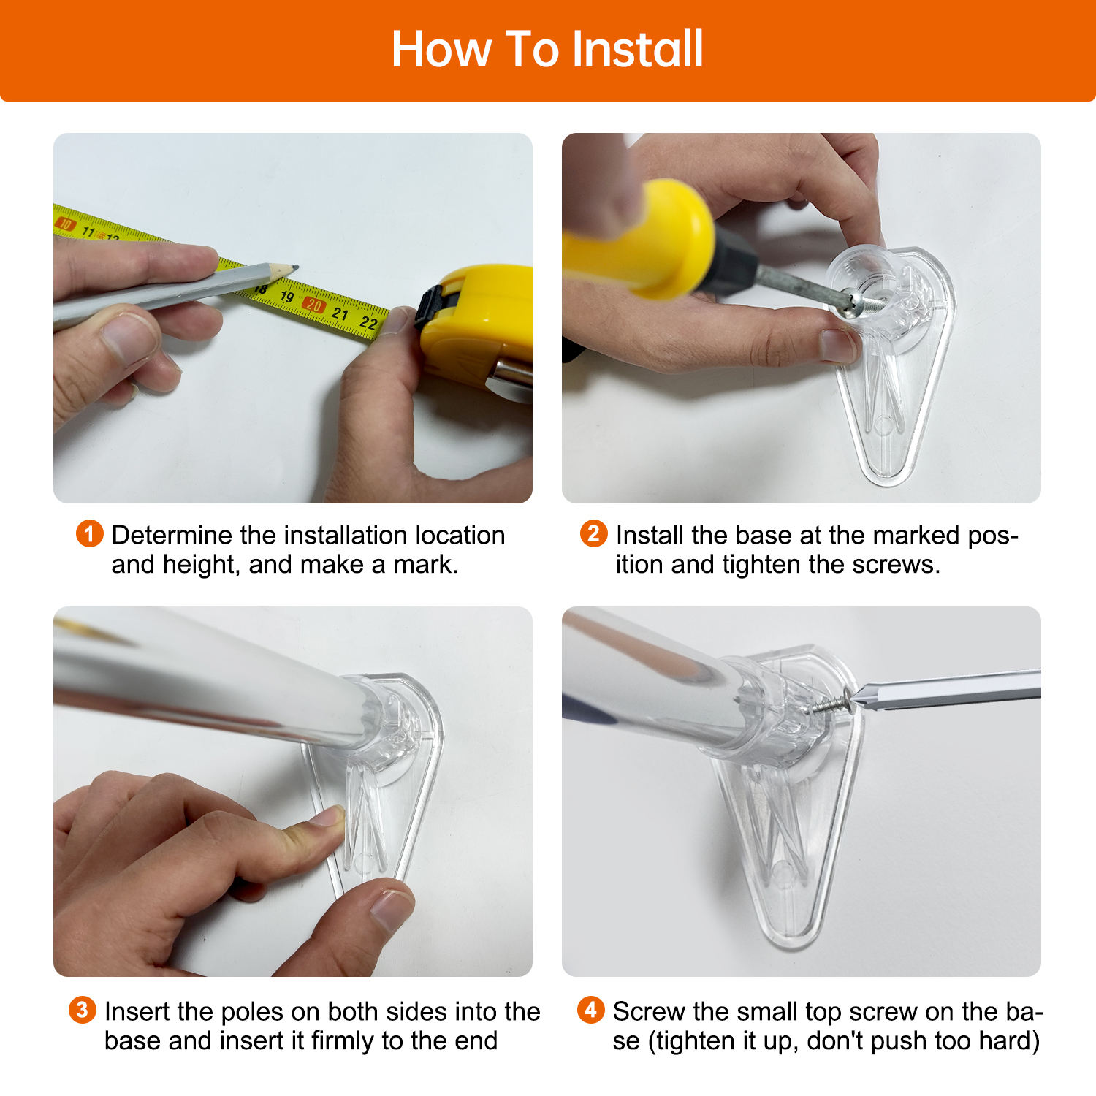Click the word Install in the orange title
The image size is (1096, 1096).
pyautogui.click(x=637, y=50)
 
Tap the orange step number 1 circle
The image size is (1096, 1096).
pyautogui.click(x=89, y=533)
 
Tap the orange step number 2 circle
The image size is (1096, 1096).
pyautogui.click(x=593, y=533)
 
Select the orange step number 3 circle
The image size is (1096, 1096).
pyautogui.click(x=82, y=1010)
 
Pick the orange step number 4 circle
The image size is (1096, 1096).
pyautogui.click(x=590, y=1010)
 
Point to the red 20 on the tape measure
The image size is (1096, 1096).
pyautogui.click(x=313, y=305)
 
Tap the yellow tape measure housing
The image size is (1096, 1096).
pyautogui.click(x=482, y=321)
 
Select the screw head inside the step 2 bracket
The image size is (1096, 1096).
pyautogui.click(x=852, y=303)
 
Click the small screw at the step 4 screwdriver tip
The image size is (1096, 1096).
pyautogui.click(x=833, y=704)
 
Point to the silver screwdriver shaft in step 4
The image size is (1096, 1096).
pyautogui.click(x=950, y=690)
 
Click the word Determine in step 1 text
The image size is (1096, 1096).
pyautogui.click(x=172, y=536)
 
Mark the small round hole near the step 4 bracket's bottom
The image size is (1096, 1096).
pyautogui.click(x=781, y=871)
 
